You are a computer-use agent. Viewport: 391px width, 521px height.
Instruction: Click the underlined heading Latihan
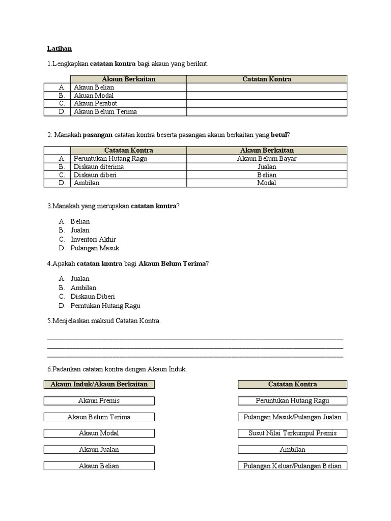(x=60, y=49)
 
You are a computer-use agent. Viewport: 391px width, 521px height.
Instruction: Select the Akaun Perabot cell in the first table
(x=95, y=103)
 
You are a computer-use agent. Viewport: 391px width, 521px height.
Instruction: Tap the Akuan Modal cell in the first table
(x=94, y=95)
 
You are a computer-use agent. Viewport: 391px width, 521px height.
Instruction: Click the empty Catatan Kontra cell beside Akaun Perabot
(x=267, y=103)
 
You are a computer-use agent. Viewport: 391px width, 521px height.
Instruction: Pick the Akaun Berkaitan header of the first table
(x=128, y=79)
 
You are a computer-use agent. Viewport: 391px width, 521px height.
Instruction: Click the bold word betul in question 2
(x=279, y=135)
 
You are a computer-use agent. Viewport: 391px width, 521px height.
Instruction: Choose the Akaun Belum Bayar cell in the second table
(x=267, y=158)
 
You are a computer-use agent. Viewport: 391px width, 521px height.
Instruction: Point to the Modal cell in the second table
(x=267, y=183)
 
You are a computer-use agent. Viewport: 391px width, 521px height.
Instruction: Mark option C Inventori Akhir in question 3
(x=93, y=239)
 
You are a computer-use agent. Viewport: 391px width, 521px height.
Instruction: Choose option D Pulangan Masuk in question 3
(x=95, y=248)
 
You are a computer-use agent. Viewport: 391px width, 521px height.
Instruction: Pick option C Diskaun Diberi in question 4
(x=93, y=297)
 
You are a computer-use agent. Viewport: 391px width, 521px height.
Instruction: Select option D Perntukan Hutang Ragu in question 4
(x=105, y=306)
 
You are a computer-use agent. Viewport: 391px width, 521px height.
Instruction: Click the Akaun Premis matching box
(x=99, y=401)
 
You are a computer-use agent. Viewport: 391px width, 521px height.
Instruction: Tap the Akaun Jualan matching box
(x=99, y=450)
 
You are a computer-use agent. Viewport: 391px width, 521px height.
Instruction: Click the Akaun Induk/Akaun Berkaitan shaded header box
(x=99, y=384)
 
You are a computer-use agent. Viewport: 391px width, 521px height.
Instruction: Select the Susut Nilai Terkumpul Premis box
(x=292, y=433)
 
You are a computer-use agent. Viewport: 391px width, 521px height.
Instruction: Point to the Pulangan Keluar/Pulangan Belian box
(x=292, y=466)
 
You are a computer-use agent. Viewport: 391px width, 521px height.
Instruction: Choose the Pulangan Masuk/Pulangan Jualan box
(x=292, y=417)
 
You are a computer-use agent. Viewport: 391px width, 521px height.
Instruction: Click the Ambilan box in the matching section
(x=292, y=450)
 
